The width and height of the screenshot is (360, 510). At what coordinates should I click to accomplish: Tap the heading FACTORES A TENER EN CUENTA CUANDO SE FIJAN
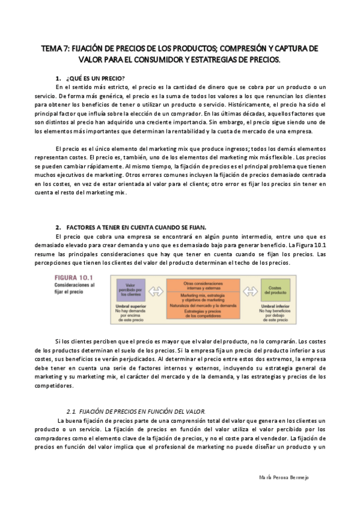point(136,227)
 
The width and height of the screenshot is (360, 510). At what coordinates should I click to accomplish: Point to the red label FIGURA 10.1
point(70,278)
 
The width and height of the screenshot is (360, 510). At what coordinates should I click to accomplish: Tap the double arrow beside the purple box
point(156,292)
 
